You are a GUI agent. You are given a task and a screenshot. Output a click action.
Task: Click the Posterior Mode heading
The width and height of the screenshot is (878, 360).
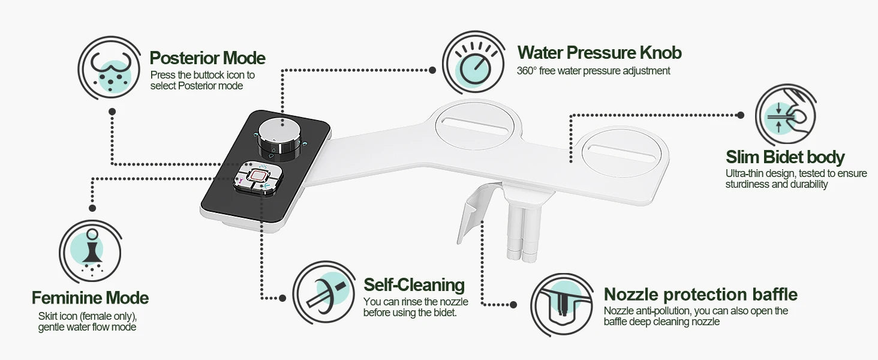click(x=208, y=58)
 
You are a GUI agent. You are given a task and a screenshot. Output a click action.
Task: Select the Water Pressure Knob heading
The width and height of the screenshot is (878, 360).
click(x=599, y=53)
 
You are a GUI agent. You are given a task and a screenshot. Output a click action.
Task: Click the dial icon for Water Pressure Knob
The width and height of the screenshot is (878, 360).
click(x=473, y=63)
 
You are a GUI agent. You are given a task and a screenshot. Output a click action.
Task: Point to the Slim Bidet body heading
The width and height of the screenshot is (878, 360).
click(x=785, y=158)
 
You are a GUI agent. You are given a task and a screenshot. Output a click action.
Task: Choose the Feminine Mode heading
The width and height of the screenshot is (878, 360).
click(x=90, y=298)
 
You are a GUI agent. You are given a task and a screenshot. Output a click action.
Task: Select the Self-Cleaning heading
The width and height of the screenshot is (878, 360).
click(x=414, y=284)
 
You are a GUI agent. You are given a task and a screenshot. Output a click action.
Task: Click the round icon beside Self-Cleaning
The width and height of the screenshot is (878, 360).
click(x=324, y=292)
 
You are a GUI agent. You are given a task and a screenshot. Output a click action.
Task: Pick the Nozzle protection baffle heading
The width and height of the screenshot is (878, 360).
click(x=700, y=295)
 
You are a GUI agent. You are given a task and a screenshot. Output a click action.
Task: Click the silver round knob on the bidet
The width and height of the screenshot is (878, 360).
click(x=280, y=137)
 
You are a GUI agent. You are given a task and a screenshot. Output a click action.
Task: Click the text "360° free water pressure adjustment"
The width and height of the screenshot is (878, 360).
click(x=593, y=71)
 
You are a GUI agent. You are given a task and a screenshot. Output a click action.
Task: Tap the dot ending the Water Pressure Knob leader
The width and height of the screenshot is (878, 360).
click(x=432, y=70)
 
